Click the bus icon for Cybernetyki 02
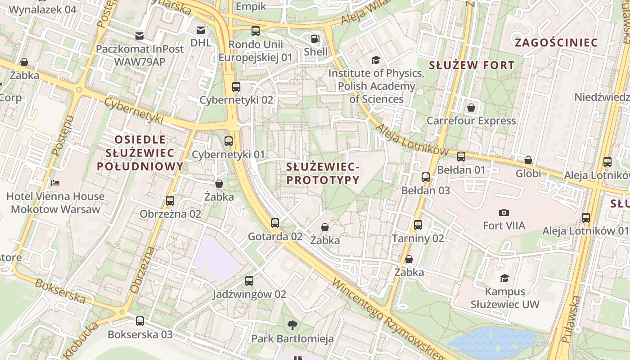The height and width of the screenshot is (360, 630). point(236,87)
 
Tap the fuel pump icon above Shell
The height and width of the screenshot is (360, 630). point(316,39)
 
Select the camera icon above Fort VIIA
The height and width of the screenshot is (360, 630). point(504,212)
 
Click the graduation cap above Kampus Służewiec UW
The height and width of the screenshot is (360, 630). point(504,279)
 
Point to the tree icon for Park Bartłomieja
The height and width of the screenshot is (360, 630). point(292,325)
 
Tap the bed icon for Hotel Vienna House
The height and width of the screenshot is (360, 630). point(55,183)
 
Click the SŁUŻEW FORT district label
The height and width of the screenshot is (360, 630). point(471,65)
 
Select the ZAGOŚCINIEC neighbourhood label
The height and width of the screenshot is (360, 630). point(556,43)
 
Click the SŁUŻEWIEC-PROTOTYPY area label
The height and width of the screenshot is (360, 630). point(323,174)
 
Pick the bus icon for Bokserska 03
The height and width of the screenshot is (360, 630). point(140,321)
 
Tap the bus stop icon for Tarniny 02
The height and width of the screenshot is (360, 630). point(418,225)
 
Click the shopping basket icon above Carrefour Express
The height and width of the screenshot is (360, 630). point(471,108)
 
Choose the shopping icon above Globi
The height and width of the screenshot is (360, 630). point(528,160)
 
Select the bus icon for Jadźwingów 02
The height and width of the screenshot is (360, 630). point(249,281)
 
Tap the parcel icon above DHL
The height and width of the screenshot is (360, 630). point(201,30)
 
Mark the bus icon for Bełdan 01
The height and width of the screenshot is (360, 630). point(461,157)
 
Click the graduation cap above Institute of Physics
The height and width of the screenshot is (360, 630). point(375,60)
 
